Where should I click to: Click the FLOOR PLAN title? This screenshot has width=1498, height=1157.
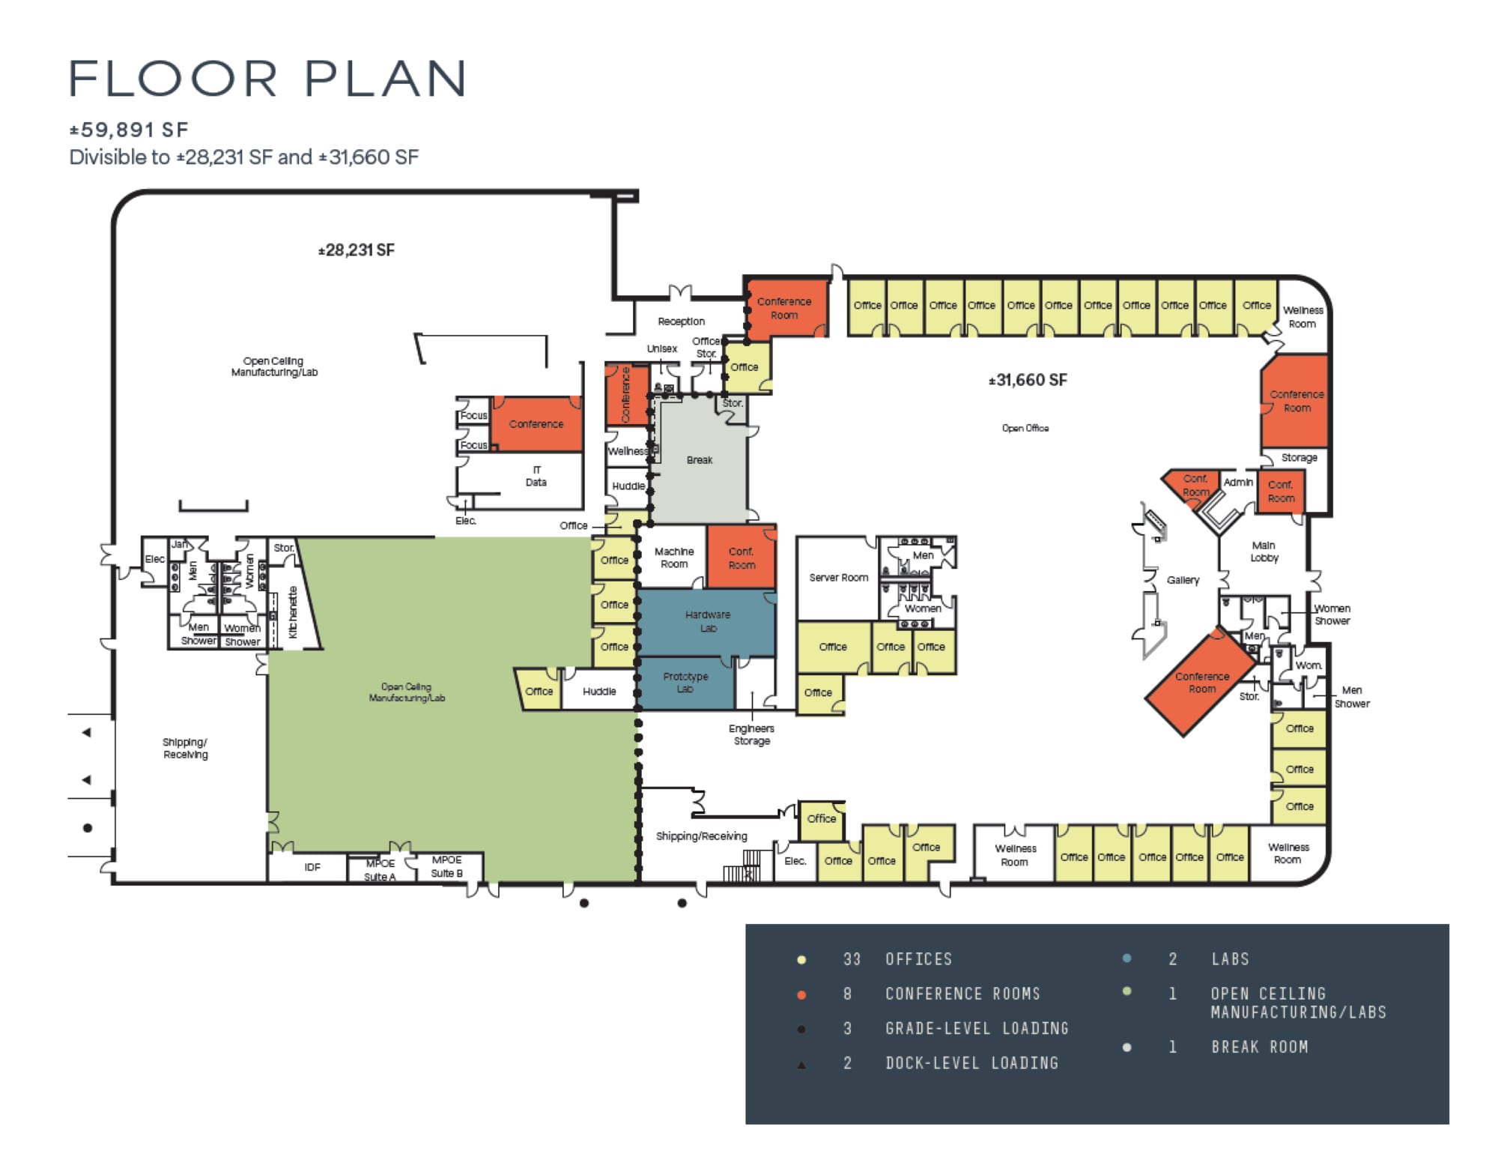(267, 79)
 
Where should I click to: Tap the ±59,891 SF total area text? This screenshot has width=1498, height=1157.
(129, 130)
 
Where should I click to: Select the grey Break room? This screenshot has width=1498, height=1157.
(700, 459)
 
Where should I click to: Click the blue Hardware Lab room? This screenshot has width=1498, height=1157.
(707, 621)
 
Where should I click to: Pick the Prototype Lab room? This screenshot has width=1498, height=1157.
(685, 683)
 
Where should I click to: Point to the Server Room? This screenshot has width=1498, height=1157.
(837, 578)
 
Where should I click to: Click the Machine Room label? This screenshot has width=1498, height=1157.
(673, 558)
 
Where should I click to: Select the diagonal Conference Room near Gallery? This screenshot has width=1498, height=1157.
(1201, 683)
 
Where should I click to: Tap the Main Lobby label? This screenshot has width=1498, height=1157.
(1264, 552)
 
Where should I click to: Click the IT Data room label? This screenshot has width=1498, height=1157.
(536, 477)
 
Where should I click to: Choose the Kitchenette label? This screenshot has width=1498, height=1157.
(293, 612)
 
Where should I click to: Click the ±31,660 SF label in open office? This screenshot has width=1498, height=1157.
(1027, 380)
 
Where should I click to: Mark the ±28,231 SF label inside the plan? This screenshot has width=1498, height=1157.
(356, 250)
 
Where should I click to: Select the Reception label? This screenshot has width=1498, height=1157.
(681, 321)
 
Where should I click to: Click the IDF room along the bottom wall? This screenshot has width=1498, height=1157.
(312, 867)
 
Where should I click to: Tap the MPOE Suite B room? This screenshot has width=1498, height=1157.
(446, 866)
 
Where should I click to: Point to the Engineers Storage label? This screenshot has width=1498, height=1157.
(751, 734)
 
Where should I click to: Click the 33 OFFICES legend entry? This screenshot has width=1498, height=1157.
(918, 959)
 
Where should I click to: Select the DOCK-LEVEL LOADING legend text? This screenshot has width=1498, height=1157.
(971, 1063)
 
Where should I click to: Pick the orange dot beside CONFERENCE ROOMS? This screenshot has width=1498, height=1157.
(801, 995)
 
